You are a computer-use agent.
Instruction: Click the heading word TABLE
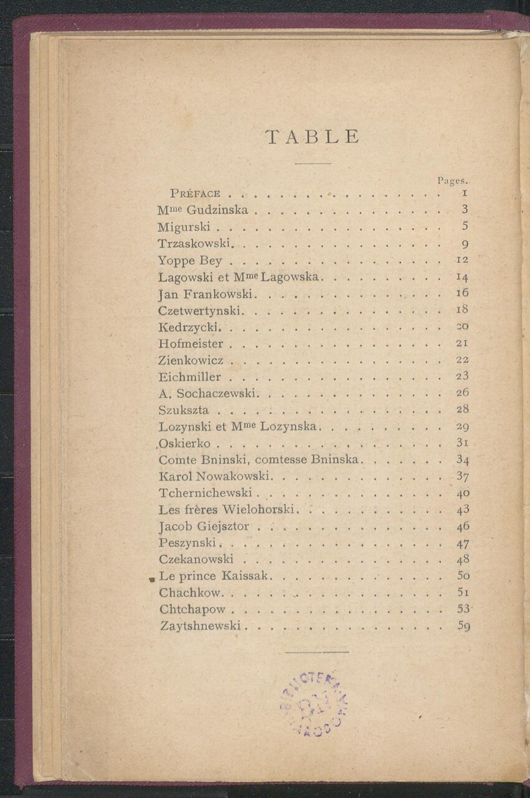[x=312, y=137]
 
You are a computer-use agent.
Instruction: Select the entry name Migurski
[x=184, y=226]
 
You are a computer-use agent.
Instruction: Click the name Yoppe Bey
[x=190, y=260]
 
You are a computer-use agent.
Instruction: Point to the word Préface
[x=195, y=193]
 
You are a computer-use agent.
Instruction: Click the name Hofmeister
[x=191, y=343]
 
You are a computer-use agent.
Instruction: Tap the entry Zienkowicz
[x=191, y=360]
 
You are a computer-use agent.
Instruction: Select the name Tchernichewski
[x=205, y=493]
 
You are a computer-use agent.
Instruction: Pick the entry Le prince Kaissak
[x=213, y=576]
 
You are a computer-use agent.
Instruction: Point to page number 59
[x=463, y=626]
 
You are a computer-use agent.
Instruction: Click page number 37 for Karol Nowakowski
[x=462, y=476]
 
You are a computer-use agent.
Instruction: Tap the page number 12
[x=462, y=259]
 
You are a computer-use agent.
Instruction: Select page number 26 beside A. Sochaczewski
[x=462, y=393]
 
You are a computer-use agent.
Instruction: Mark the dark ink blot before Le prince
[x=152, y=579]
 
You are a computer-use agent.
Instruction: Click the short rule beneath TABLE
[x=312, y=163]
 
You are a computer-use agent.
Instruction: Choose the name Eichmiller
[x=189, y=377]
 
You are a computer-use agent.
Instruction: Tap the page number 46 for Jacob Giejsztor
[x=462, y=526]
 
